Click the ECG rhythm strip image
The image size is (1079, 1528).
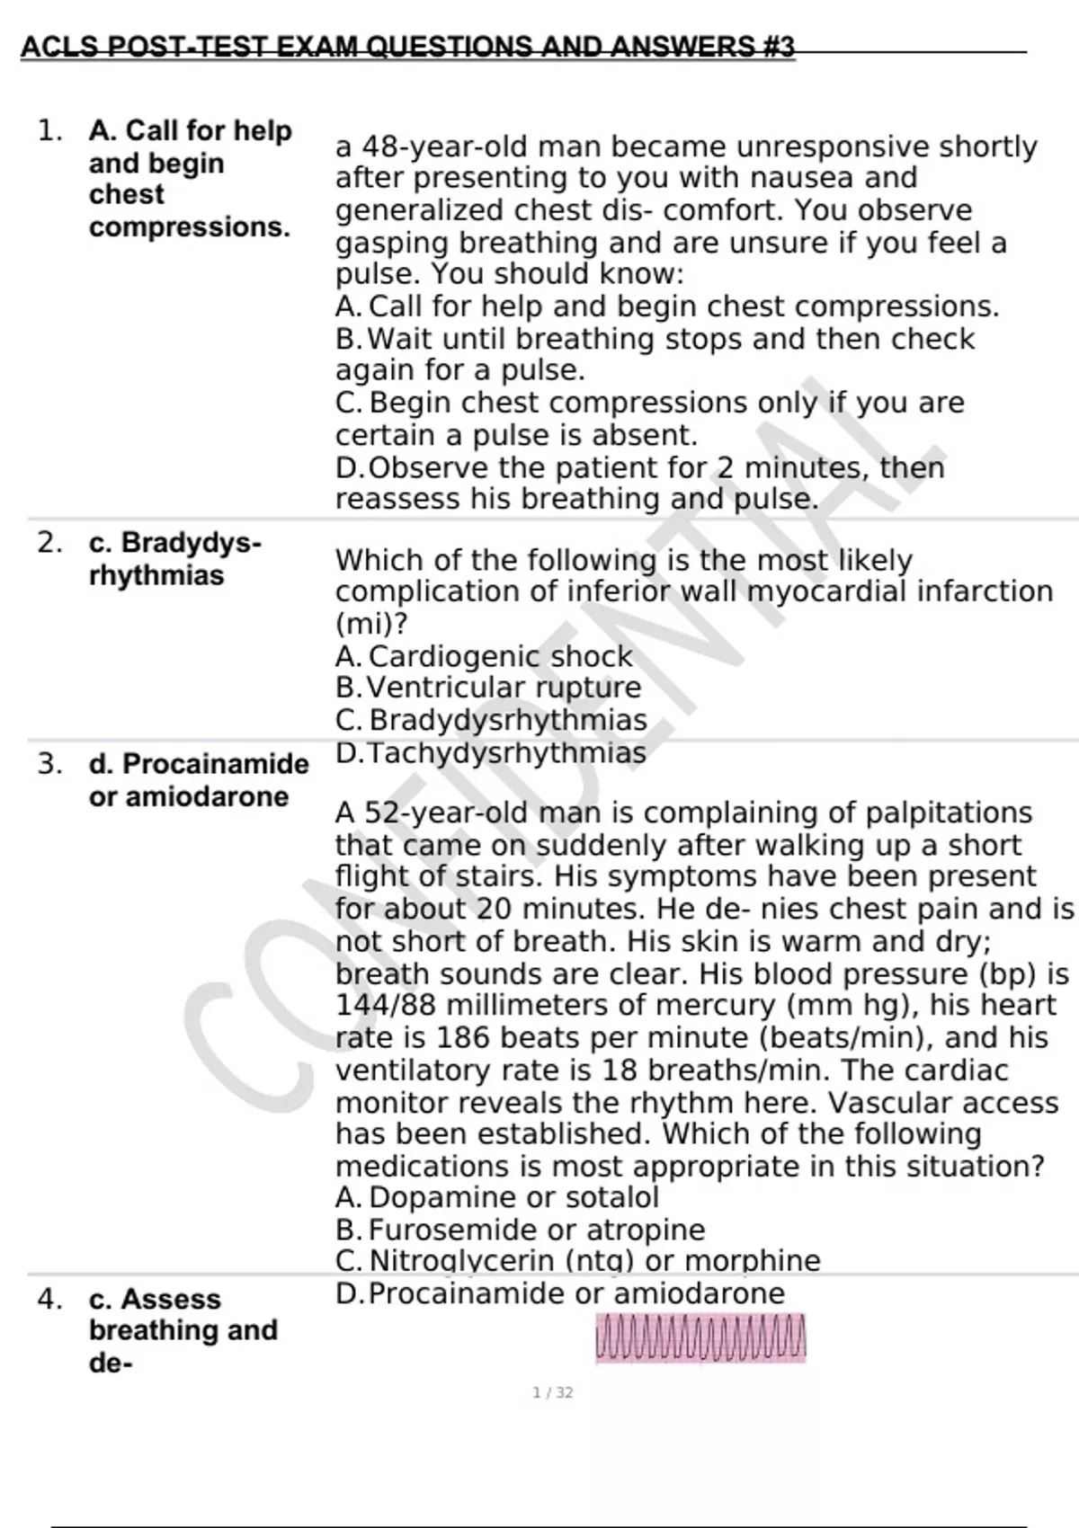click(x=700, y=1337)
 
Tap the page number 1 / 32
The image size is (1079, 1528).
click(x=552, y=1392)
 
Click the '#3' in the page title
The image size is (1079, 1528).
click(x=778, y=46)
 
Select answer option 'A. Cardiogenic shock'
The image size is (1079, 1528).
click(x=484, y=656)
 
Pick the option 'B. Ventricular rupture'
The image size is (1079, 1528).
click(x=488, y=688)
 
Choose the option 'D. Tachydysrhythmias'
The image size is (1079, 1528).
click(x=490, y=752)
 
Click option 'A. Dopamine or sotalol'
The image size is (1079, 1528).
click(x=497, y=1197)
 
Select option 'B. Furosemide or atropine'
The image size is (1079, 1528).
click(x=520, y=1230)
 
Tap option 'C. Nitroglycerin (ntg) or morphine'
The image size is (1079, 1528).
click(x=577, y=1260)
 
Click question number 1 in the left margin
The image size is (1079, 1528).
click(x=49, y=131)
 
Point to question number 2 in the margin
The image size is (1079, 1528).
click(x=49, y=543)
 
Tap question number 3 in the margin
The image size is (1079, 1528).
click(x=49, y=764)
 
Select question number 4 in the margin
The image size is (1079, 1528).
click(x=49, y=1300)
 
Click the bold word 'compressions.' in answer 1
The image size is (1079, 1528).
click(x=190, y=227)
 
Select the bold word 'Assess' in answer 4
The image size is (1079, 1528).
click(x=171, y=1300)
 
